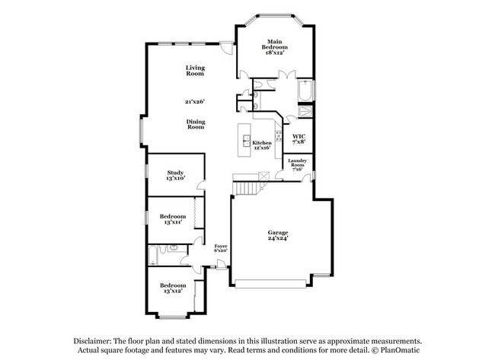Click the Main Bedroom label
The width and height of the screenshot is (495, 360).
(275, 47)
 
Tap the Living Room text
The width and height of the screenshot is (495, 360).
(196, 71)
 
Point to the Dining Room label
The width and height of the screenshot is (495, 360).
(196, 124)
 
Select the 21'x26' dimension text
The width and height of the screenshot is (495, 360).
(196, 101)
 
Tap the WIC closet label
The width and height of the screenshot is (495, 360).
(299, 139)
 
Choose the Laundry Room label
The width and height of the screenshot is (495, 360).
(297, 164)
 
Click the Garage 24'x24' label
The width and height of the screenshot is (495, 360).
(277, 235)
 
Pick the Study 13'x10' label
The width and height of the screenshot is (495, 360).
(175, 175)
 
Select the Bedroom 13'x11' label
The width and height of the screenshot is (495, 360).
(172, 219)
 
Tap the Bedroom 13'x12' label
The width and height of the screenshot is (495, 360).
(172, 288)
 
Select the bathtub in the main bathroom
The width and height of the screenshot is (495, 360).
(305, 92)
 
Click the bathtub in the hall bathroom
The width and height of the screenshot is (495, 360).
(153, 256)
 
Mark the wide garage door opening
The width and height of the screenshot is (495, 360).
(271, 285)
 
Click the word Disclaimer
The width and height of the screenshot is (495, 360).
(93, 342)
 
